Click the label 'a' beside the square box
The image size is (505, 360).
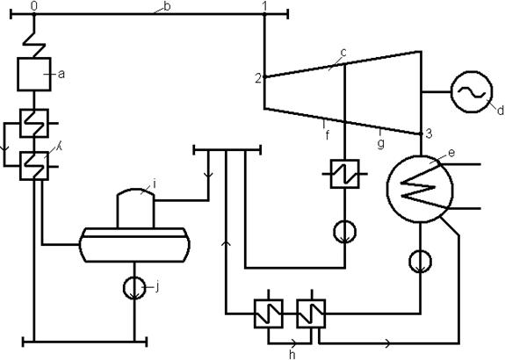(61, 75)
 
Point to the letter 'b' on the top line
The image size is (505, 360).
(167, 6)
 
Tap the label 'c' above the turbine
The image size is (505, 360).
(343, 53)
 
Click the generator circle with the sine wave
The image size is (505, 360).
(472, 92)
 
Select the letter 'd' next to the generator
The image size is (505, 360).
(500, 111)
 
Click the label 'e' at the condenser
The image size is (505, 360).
(451, 153)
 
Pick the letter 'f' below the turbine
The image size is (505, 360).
(328, 135)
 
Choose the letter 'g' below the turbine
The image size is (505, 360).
(380, 143)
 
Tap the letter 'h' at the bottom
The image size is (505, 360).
(292, 355)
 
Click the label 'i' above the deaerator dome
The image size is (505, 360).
(155, 184)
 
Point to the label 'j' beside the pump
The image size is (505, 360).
(157, 287)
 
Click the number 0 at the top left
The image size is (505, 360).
(34, 6)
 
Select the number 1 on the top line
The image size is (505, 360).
(264, 6)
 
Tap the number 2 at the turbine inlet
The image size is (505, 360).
(258, 78)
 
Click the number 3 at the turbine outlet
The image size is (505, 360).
(429, 133)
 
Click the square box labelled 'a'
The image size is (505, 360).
(34, 75)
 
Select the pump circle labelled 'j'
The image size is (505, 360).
(134, 288)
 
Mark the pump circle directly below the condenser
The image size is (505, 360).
(421, 261)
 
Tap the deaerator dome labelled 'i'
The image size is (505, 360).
(135, 208)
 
